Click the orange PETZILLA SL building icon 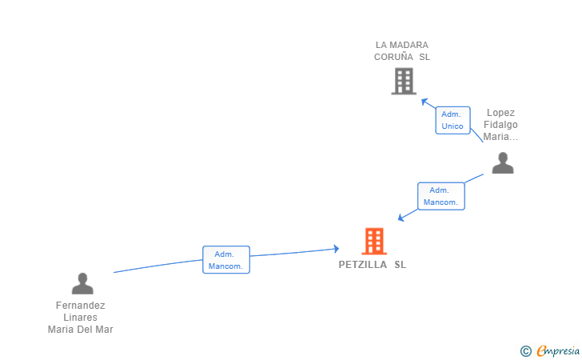[374, 241]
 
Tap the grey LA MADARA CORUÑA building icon [404, 81]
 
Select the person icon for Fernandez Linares [82, 283]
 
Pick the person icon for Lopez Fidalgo [502, 162]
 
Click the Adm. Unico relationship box [452, 120]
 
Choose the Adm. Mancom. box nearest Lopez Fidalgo [441, 196]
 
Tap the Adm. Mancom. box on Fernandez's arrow [226, 260]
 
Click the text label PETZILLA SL [373, 265]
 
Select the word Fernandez [81, 306]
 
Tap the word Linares [81, 318]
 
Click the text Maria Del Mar [81, 330]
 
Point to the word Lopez [500, 113]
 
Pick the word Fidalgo [500, 125]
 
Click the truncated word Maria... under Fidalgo [500, 137]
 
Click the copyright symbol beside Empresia [525, 350]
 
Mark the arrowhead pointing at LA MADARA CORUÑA [425, 101]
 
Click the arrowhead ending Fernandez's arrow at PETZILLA [337, 250]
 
